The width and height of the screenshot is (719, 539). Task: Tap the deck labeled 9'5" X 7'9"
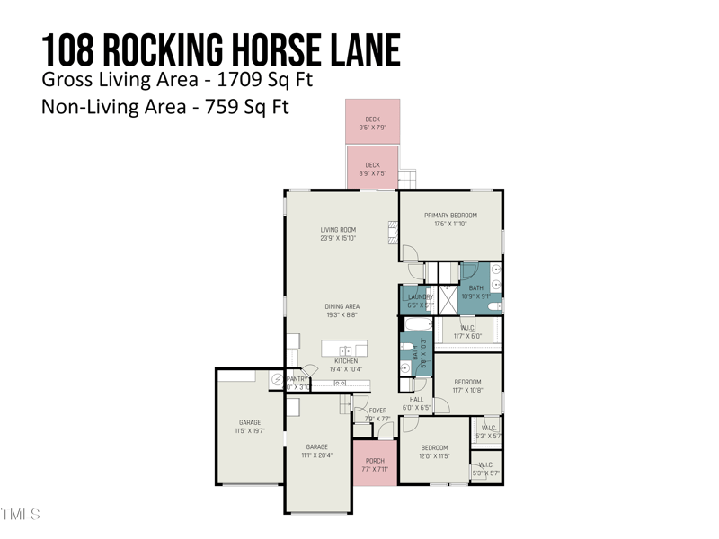pyautogui.click(x=372, y=122)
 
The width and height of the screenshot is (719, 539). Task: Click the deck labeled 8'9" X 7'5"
pyautogui.click(x=372, y=168)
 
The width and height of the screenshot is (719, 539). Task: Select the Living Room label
pyautogui.click(x=338, y=230)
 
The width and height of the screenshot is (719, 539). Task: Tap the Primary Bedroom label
pyautogui.click(x=450, y=216)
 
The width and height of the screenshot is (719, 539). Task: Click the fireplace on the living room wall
pyautogui.click(x=393, y=232)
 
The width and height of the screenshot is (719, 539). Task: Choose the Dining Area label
pyautogui.click(x=342, y=306)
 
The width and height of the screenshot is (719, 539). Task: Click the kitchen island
pyautogui.click(x=345, y=349)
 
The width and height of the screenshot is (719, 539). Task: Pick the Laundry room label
pyautogui.click(x=420, y=297)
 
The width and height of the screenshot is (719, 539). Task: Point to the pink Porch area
pyautogui.click(x=375, y=464)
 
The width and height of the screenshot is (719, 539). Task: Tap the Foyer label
pyautogui.click(x=377, y=411)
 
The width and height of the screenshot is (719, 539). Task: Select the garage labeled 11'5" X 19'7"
pyautogui.click(x=249, y=427)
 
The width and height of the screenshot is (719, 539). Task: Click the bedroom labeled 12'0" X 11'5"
pyautogui.click(x=434, y=452)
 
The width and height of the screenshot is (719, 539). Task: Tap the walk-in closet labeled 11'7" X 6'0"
pyautogui.click(x=467, y=331)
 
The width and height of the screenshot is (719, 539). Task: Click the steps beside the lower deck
pyautogui.click(x=407, y=176)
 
